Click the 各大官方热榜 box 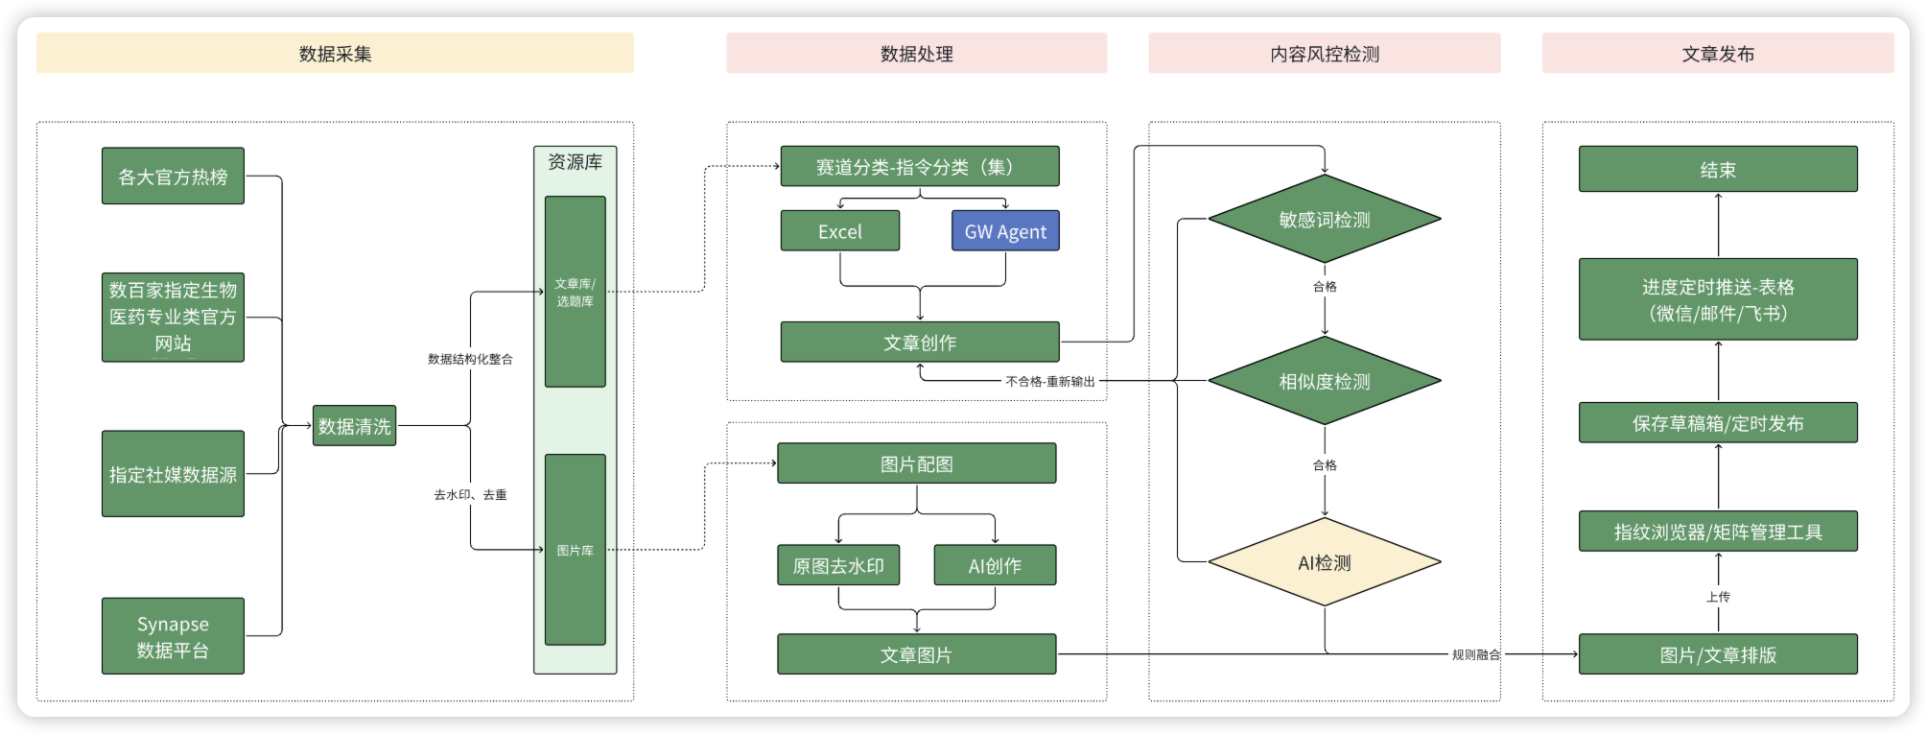click(x=173, y=176)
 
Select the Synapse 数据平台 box click(x=173, y=636)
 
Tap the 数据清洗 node click(x=354, y=425)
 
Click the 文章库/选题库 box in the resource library click(x=575, y=292)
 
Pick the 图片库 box click(x=575, y=550)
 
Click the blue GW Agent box click(x=1005, y=231)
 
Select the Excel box click(x=840, y=231)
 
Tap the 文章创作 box click(x=920, y=343)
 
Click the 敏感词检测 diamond click(x=1325, y=219)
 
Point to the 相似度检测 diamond click(x=1325, y=381)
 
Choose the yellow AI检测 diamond click(x=1325, y=562)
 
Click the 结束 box click(x=1718, y=169)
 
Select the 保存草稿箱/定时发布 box click(x=1718, y=423)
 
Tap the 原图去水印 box click(x=838, y=565)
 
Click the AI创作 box click(x=995, y=565)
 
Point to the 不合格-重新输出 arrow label click(x=1050, y=382)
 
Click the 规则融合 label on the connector click(x=1476, y=654)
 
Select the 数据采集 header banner click(x=335, y=53)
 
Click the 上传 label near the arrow click(x=1718, y=597)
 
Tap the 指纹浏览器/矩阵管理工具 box click(x=1718, y=532)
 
